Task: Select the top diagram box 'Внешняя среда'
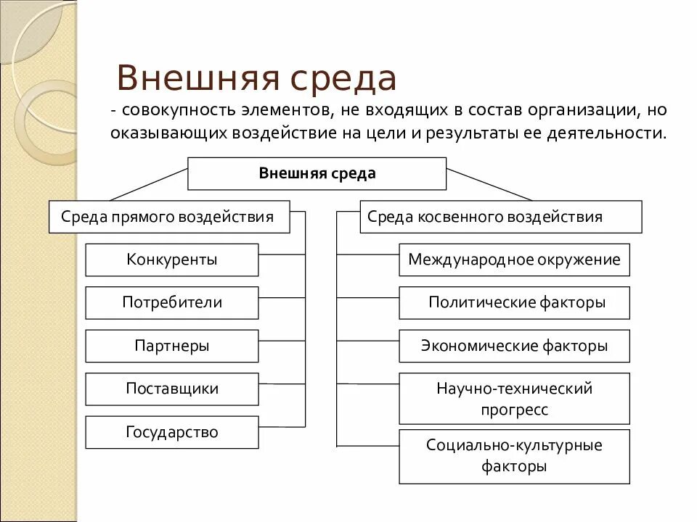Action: click(317, 173)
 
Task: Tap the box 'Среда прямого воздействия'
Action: click(168, 217)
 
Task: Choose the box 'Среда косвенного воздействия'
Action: click(500, 217)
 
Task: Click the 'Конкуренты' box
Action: click(171, 260)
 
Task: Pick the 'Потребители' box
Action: click(171, 303)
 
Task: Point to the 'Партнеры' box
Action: click(171, 346)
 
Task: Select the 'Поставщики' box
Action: click(171, 389)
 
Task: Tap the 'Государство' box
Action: click(171, 433)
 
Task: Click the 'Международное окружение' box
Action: click(514, 260)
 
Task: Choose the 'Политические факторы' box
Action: click(514, 303)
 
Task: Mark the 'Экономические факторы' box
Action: click(514, 346)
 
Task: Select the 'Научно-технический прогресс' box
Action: click(514, 399)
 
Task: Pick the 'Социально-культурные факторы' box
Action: click(514, 456)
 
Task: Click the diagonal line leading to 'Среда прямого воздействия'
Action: click(149, 184)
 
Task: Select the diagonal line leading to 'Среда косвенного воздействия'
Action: click(488, 184)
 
